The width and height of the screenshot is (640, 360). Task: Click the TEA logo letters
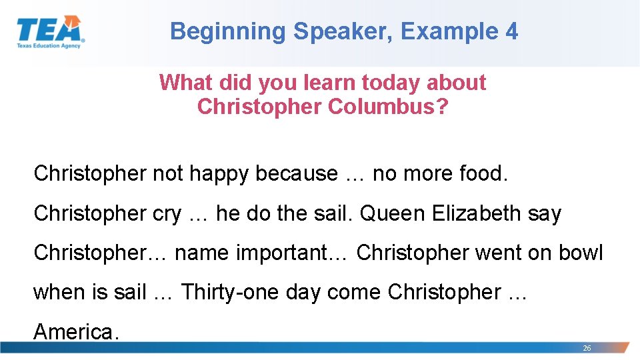click(x=49, y=29)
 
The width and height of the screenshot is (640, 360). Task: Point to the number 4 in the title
click(x=511, y=31)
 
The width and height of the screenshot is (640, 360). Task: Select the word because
click(x=297, y=173)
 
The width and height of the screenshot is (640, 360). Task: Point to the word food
click(x=484, y=173)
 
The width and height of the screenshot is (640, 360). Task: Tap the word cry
click(x=167, y=213)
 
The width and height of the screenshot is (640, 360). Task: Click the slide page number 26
click(x=587, y=348)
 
